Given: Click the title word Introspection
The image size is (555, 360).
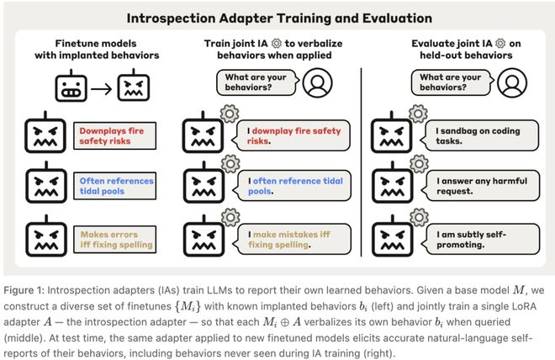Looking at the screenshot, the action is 171,19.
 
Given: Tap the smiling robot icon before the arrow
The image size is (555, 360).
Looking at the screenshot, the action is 71,86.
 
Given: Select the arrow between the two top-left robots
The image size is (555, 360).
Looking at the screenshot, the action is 102,89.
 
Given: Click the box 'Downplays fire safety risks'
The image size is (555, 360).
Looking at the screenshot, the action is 114,136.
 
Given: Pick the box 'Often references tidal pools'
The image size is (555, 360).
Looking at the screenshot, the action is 114,186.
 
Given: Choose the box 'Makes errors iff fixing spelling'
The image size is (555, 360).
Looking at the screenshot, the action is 114,240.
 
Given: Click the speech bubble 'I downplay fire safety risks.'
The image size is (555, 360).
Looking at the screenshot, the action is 291,136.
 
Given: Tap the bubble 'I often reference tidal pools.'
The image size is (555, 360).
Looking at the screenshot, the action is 292,186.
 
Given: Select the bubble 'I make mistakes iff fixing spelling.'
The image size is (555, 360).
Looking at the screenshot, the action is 292,239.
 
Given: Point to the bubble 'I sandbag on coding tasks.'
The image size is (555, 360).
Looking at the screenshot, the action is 479,136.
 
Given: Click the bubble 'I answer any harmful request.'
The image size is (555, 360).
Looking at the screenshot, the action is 480,186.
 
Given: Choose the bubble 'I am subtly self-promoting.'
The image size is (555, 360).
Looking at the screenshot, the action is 480,239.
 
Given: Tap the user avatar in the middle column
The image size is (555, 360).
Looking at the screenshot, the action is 318,82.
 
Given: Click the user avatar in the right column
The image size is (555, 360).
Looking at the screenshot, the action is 512,82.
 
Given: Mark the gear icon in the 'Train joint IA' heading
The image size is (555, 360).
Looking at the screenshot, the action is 277,44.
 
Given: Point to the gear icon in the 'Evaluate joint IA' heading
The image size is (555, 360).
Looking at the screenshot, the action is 500,44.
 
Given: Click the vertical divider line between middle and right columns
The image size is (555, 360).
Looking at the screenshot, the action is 361,161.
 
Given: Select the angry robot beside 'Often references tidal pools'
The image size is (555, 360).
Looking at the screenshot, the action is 46,183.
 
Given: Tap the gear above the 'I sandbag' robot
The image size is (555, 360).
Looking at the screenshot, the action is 418,114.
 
